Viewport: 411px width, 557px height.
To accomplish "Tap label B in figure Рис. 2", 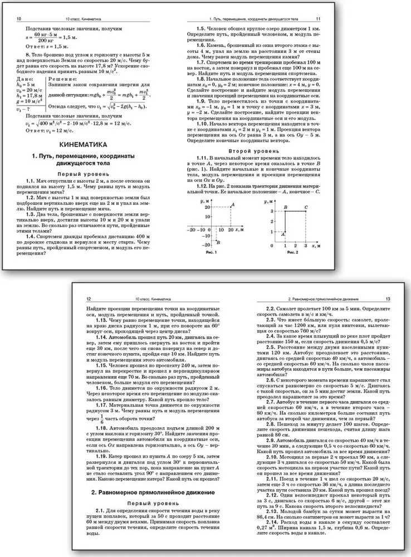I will click(x=286, y=207).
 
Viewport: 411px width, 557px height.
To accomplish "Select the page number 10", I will click(x=19, y=19).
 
